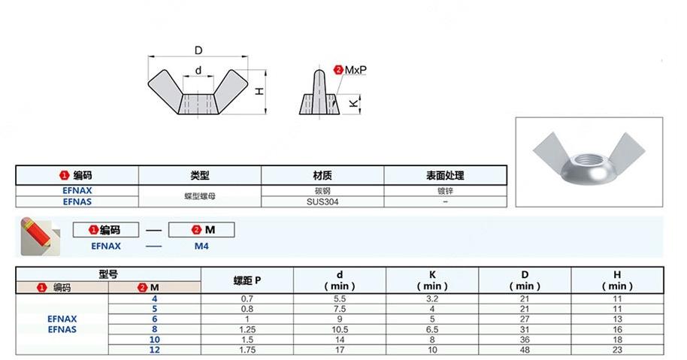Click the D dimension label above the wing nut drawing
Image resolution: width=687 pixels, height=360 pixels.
pos(198,50)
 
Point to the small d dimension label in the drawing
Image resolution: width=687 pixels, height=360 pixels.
pos(198,71)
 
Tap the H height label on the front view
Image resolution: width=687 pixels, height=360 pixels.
pos(258,91)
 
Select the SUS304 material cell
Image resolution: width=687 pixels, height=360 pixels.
pos(322,201)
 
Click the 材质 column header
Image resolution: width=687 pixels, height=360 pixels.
pos(322,175)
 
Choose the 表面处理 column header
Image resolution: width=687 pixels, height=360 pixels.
pos(445,175)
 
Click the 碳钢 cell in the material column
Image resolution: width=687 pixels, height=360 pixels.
pos(322,191)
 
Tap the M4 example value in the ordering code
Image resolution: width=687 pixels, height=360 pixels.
pos(201,245)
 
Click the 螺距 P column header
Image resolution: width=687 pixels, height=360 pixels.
pos(247,280)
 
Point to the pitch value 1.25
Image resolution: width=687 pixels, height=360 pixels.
pos(247,329)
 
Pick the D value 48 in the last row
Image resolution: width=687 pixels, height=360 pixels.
pos(524,349)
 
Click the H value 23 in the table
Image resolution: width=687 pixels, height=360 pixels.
pos(617,349)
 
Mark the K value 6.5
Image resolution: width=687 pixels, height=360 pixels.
pos(432,329)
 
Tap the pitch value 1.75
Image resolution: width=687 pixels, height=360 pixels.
pos(247,349)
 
